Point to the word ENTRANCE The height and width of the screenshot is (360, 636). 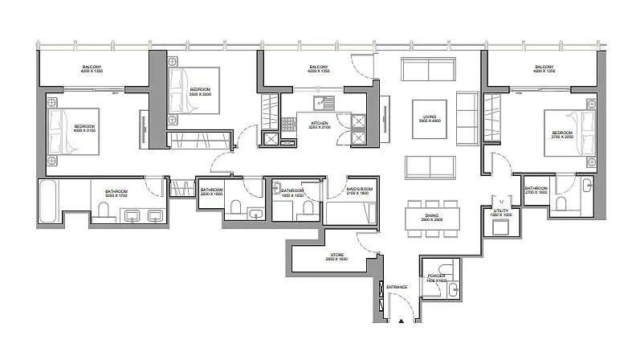tap(397, 287)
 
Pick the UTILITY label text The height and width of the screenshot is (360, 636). tap(500, 211)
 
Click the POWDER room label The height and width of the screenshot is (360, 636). tap(436, 275)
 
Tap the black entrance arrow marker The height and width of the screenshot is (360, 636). tap(399, 322)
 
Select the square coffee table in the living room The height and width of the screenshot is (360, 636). tap(429, 117)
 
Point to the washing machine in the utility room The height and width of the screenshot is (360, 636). tap(501, 227)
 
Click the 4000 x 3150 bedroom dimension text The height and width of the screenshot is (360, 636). tap(85, 132)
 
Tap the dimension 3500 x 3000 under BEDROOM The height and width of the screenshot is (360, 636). tap(198, 93)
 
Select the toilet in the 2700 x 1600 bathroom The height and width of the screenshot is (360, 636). tap(561, 203)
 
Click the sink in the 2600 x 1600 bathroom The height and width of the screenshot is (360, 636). tap(255, 213)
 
